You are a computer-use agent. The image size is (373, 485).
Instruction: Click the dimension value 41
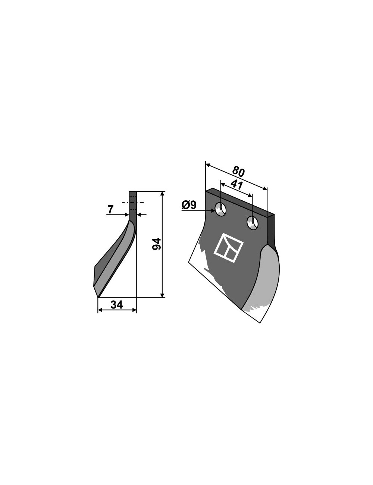pyautogui.click(x=236, y=185)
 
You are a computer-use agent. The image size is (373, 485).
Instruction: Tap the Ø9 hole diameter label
pyautogui.click(x=189, y=205)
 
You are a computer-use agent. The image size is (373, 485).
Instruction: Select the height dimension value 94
pyautogui.click(x=156, y=244)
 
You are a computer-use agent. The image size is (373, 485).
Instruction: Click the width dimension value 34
pyautogui.click(x=117, y=305)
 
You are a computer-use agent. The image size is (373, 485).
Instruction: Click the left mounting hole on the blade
pyautogui.click(x=220, y=209)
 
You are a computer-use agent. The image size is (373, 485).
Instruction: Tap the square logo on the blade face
pyautogui.click(x=228, y=248)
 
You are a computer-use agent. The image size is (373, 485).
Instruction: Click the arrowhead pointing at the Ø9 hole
pyautogui.click(x=212, y=210)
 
